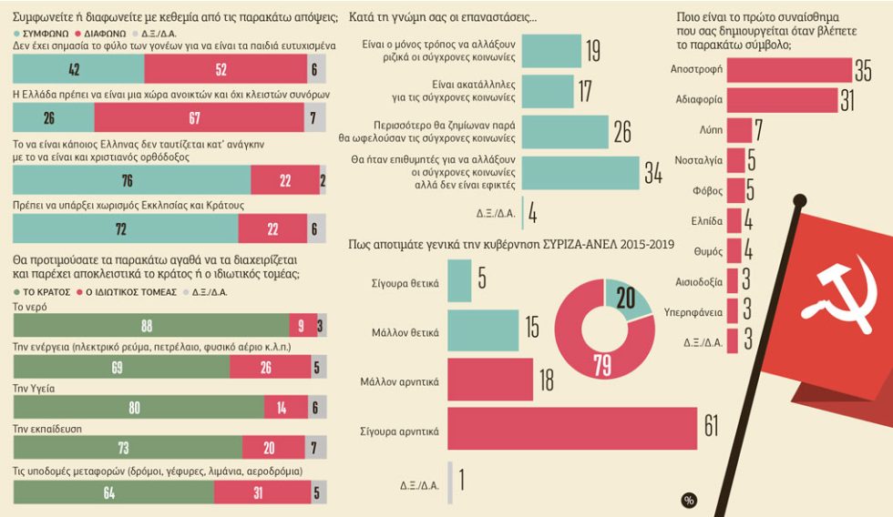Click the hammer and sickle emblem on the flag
point(839,296)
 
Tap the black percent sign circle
point(689,501)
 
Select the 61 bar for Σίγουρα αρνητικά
point(572,429)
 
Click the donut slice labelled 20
point(628,297)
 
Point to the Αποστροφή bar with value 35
point(789,70)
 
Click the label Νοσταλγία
point(698,160)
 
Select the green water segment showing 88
point(151,326)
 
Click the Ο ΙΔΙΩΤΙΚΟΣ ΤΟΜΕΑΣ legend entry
point(127,292)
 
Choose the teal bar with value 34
point(580,172)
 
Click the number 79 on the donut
point(602,365)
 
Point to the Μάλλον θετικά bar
point(483,330)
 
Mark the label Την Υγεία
point(34,389)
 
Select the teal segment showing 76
point(131,180)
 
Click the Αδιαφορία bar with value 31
point(783,100)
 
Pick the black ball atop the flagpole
point(800,200)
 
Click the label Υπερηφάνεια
point(693,312)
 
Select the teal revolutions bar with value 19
point(551,51)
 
